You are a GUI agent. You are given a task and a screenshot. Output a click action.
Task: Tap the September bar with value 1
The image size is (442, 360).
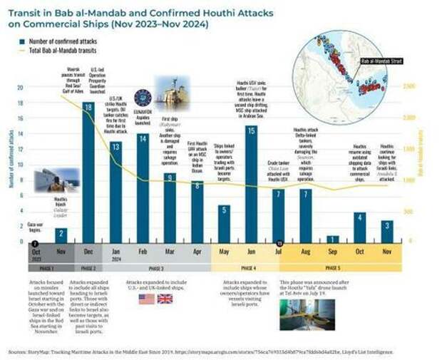[x=333, y=238]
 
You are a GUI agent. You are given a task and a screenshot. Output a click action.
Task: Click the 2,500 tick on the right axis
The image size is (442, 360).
[x=409, y=87]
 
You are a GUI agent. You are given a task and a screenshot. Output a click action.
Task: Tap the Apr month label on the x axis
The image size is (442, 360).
[x=197, y=251]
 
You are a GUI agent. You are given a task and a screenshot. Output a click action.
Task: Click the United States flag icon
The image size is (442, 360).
[x=146, y=299]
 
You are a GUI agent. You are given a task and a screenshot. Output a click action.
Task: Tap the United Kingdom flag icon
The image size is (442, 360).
[x=165, y=299]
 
